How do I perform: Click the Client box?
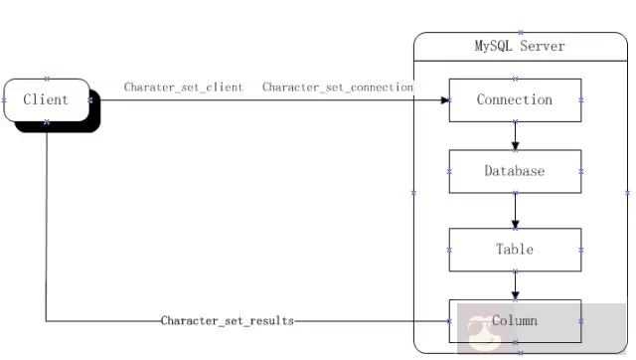tap(46, 99)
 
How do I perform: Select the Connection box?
tap(515, 99)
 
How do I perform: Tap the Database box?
tap(515, 171)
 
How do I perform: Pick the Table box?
tap(515, 250)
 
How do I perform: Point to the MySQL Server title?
tap(519, 46)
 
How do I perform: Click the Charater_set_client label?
tap(184, 88)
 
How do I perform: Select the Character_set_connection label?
tap(338, 88)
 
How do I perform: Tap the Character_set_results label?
tap(228, 321)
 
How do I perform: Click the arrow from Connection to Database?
tap(515, 135)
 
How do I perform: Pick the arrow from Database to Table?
tap(515, 210)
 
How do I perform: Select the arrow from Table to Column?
tap(515, 285)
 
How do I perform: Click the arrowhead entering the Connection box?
tap(444, 100)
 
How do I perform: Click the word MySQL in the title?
tap(494, 46)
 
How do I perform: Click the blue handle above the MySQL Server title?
tap(519, 33)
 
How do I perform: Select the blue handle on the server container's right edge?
tap(627, 192)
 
